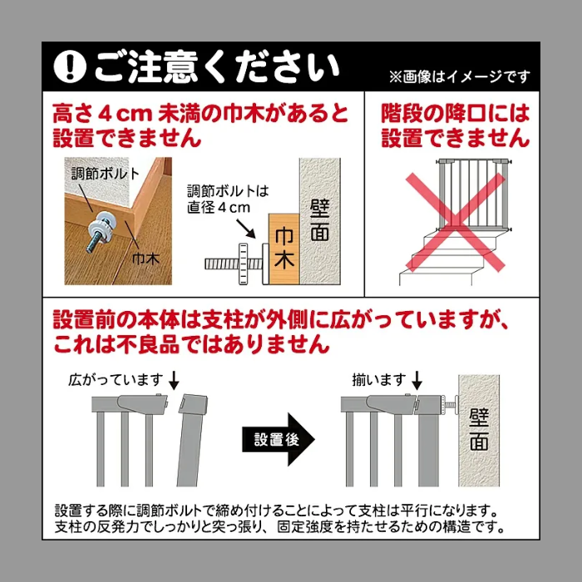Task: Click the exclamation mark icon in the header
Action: [x=70, y=67]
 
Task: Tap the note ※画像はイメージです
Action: [x=459, y=77]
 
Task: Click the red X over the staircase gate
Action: [x=455, y=223]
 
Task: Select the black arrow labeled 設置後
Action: [x=279, y=440]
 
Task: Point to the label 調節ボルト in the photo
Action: [x=105, y=173]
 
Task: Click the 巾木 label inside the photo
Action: [x=146, y=259]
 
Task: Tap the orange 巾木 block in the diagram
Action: [x=284, y=249]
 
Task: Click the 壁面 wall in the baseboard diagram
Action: [x=320, y=222]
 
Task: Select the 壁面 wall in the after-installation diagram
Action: [x=479, y=431]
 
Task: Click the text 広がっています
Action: [x=116, y=380]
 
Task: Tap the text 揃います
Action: [x=379, y=380]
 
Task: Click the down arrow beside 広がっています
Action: [x=174, y=380]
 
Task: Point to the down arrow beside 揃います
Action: [x=417, y=380]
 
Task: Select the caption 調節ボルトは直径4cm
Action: [x=228, y=199]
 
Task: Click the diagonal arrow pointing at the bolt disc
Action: [x=246, y=229]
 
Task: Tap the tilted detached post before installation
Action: [x=191, y=440]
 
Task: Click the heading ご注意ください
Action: [x=217, y=67]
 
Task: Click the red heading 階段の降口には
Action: [x=455, y=114]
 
